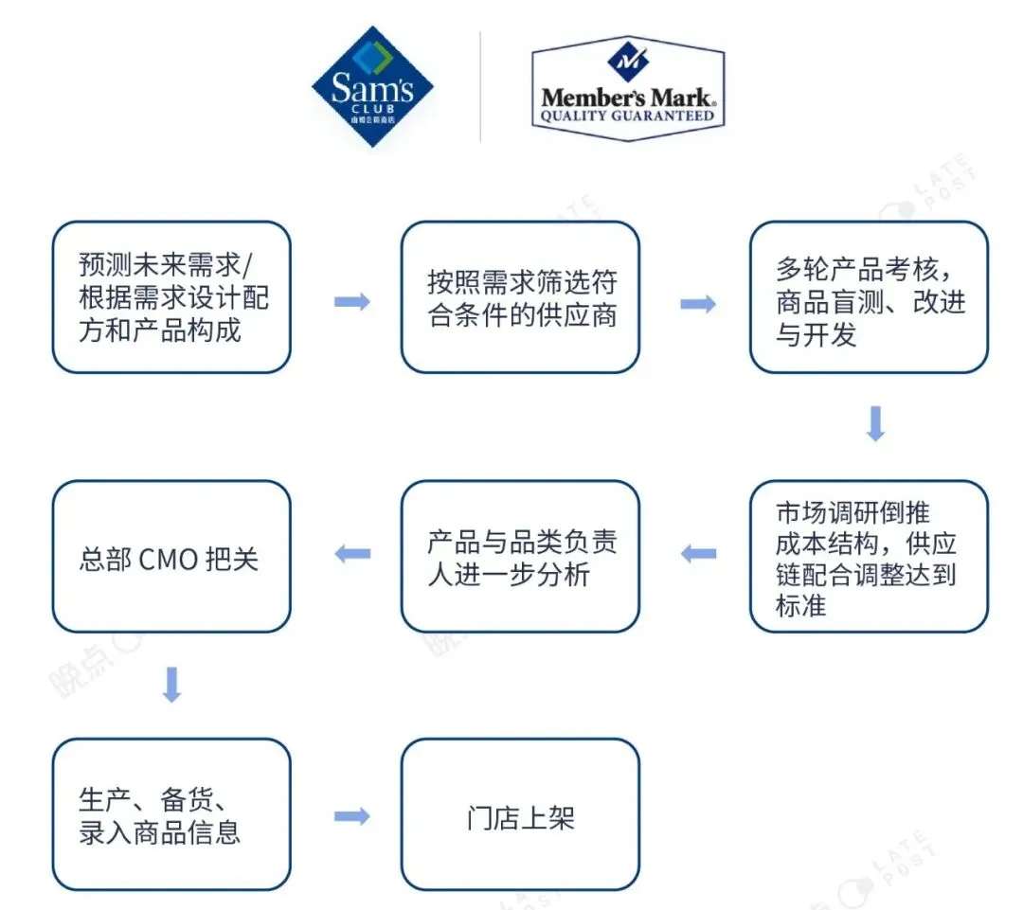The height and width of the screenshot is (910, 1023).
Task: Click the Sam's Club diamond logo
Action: pos(372,87)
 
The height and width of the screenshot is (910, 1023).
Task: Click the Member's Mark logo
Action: pos(627,87)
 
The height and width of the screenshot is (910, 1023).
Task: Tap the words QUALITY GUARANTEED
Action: pos(627,116)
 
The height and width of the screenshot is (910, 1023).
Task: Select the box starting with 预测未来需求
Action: pos(171,297)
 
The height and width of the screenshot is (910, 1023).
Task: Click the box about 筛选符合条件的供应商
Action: pos(520,297)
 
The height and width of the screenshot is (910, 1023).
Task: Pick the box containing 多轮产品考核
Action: pos(869,297)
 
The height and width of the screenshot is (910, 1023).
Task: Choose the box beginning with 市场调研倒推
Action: pos(869,557)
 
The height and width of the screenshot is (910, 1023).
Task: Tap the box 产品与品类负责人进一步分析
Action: pos(520,557)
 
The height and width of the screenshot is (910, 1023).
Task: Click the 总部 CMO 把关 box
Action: pos(171,557)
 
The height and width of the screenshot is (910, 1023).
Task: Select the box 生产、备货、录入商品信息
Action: pos(171,815)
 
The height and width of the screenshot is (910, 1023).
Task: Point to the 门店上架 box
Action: pos(520,815)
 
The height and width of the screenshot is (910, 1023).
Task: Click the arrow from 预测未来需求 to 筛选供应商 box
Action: pos(351,302)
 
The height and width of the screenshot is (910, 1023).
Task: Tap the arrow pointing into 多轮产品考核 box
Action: pos(698,303)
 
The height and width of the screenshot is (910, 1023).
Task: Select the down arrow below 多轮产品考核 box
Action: pos(875,424)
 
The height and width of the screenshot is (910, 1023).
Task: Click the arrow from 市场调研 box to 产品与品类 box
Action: pos(699,553)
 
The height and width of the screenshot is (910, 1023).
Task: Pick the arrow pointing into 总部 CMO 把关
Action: pos(352,553)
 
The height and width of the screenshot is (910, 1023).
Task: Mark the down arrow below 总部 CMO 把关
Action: pos(171,684)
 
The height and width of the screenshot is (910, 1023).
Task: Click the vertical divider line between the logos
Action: pos(480,87)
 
